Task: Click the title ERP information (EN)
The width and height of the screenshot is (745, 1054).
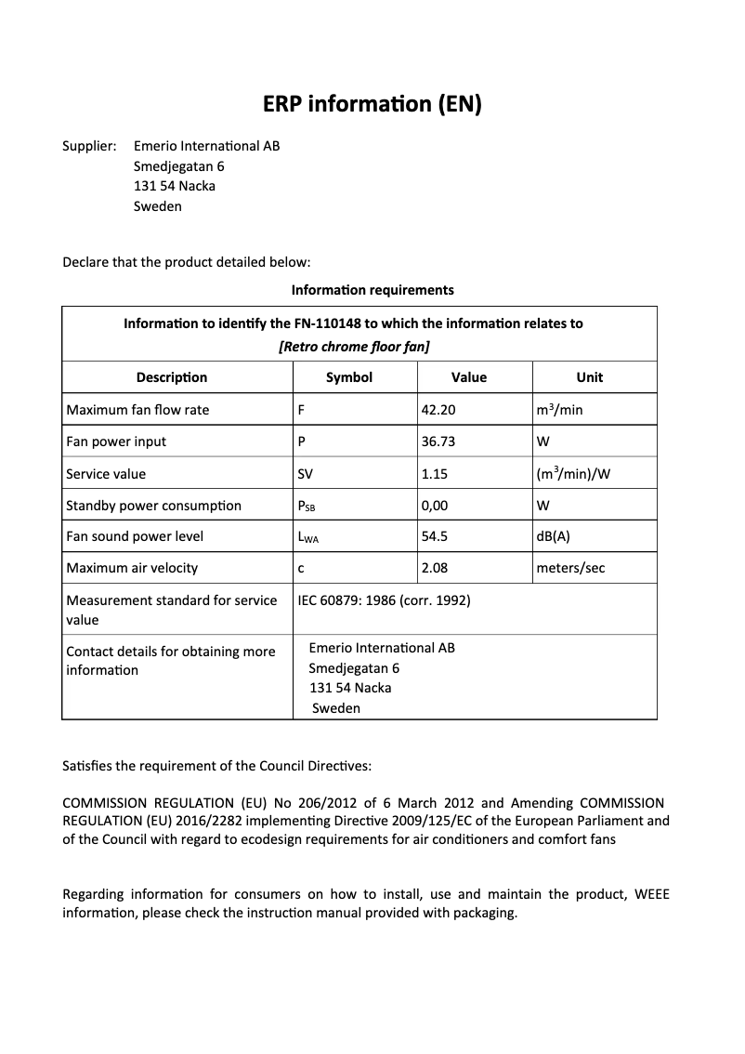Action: pyautogui.click(x=372, y=103)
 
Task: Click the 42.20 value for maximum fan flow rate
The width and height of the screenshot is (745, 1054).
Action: pyautogui.click(x=438, y=410)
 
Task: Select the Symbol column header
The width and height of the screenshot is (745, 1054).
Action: pyautogui.click(x=349, y=377)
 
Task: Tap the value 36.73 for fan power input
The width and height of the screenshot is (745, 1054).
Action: pyautogui.click(x=438, y=441)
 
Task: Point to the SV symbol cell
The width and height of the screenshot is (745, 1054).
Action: pyautogui.click(x=305, y=474)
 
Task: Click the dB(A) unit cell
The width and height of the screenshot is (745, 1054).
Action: pyautogui.click(x=554, y=536)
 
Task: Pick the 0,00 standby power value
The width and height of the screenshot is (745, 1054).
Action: pyautogui.click(x=435, y=506)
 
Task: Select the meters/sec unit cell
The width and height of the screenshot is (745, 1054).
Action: pyautogui.click(x=570, y=568)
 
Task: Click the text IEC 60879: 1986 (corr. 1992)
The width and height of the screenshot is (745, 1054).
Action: pyautogui.click(x=384, y=600)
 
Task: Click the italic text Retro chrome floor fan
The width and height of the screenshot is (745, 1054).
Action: pyautogui.click(x=354, y=347)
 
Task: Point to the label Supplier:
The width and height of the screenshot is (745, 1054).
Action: pyautogui.click(x=89, y=146)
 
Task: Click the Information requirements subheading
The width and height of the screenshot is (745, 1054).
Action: pyautogui.click(x=372, y=290)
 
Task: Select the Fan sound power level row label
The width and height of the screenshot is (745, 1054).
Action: pyautogui.click(x=135, y=536)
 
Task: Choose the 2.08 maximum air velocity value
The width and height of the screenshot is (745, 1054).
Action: pyautogui.click(x=435, y=568)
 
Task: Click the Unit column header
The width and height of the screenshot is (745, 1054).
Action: pyautogui.click(x=589, y=377)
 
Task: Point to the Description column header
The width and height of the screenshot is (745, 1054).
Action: pyautogui.click(x=172, y=377)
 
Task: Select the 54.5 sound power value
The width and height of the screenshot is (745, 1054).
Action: pyautogui.click(x=435, y=536)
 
